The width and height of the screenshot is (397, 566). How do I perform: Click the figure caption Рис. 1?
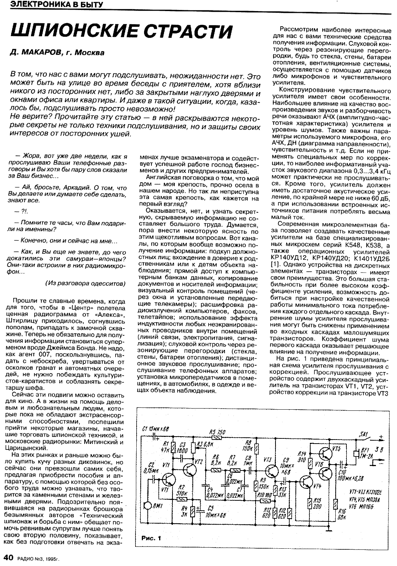(151, 538)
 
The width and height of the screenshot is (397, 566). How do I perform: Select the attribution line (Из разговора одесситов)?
(85, 283)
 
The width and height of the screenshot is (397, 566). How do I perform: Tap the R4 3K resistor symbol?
(192, 511)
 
